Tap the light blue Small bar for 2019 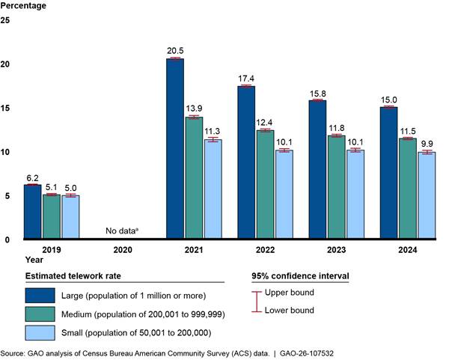click(70, 217)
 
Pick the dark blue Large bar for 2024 click(388, 173)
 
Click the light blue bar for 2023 click(355, 195)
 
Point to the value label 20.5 click(174, 51)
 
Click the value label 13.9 click(194, 109)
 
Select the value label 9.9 click(427, 144)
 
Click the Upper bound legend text click(293, 293)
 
